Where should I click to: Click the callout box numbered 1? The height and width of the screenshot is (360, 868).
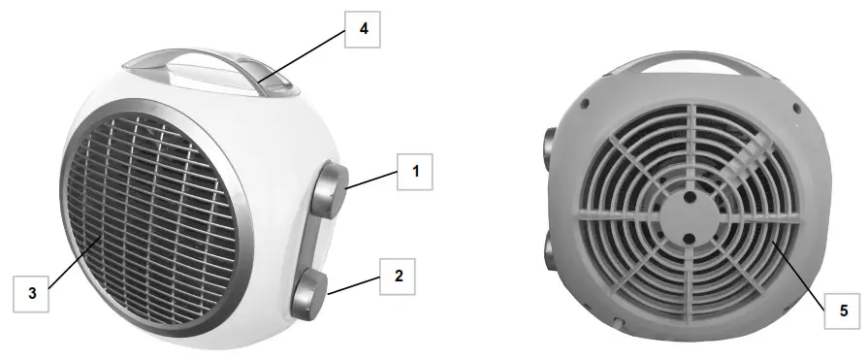pyautogui.click(x=415, y=173)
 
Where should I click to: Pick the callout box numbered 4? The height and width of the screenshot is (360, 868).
pyautogui.click(x=364, y=29)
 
